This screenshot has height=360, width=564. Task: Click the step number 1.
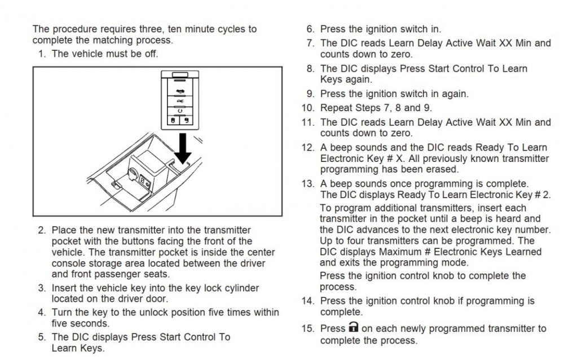tap(41, 54)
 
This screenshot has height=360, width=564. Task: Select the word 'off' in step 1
tap(151, 54)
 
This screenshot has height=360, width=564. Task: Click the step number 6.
tap(310, 29)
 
